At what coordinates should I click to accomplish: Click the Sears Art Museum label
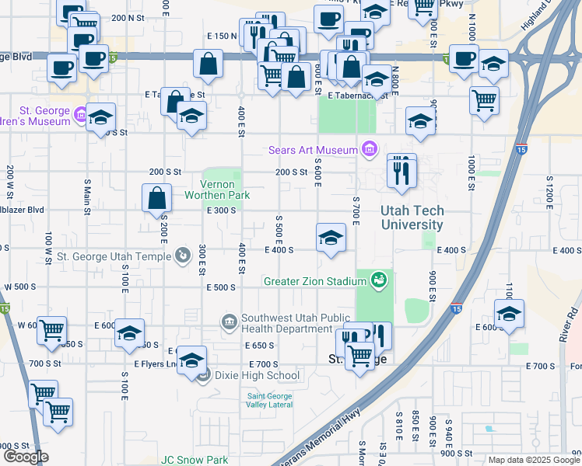pyautogui.click(x=311, y=150)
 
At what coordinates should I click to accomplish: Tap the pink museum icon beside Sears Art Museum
pyautogui.click(x=370, y=149)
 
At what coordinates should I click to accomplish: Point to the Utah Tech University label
pyautogui.click(x=412, y=217)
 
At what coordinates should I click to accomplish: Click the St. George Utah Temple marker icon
pyautogui.click(x=181, y=255)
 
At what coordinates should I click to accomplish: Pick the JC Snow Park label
pyautogui.click(x=195, y=460)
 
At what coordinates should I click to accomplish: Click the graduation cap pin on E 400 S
pyautogui.click(x=331, y=238)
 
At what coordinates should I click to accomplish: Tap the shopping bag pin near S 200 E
pyautogui.click(x=157, y=198)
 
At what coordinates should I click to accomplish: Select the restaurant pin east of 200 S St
pyautogui.click(x=401, y=172)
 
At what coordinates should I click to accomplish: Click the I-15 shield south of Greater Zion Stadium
pyautogui.click(x=456, y=308)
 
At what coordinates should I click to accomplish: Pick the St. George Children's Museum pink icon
pyautogui.click(x=79, y=116)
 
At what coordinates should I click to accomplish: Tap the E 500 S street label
pyautogui.click(x=221, y=287)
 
